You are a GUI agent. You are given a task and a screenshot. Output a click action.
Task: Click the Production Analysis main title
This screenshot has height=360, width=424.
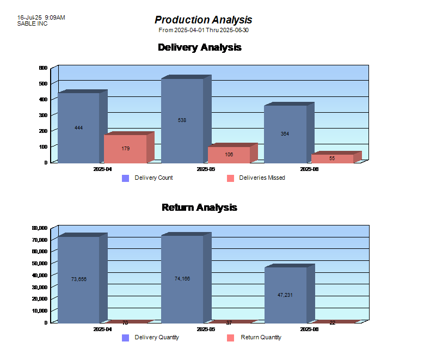(204, 20)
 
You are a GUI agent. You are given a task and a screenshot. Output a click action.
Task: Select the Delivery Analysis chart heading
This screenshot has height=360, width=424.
(199, 47)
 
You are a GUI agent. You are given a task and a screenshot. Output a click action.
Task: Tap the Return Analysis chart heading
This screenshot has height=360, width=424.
(199, 208)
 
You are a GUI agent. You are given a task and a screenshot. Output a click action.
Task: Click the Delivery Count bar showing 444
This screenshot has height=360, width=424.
(78, 127)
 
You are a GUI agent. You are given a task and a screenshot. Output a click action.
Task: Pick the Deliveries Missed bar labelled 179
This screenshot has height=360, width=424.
(125, 148)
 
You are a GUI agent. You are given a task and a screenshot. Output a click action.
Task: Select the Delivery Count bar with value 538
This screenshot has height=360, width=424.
(182, 120)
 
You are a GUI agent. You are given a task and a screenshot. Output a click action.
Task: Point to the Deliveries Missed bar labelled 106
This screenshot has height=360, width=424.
(229, 155)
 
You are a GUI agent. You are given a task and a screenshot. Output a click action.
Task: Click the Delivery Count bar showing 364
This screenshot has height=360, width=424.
(285, 134)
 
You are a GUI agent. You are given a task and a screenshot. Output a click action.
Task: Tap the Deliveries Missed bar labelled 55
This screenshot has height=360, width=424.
(332, 158)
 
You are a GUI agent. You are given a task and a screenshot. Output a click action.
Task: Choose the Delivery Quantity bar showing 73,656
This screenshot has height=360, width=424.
(78, 279)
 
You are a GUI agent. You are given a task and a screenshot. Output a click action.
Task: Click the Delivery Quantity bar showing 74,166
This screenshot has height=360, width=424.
(182, 278)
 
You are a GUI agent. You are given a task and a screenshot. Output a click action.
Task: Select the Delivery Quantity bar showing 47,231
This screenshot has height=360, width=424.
(285, 294)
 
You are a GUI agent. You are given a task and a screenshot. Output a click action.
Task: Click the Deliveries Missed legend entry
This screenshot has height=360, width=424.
(256, 178)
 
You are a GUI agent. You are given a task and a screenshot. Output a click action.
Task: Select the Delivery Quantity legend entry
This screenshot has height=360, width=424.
(151, 338)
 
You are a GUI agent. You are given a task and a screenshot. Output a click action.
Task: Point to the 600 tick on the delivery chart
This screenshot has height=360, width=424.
(43, 68)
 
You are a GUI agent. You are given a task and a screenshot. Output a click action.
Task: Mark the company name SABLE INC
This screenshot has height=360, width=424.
(32, 24)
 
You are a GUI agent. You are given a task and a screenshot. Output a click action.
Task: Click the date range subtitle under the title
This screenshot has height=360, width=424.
(204, 30)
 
